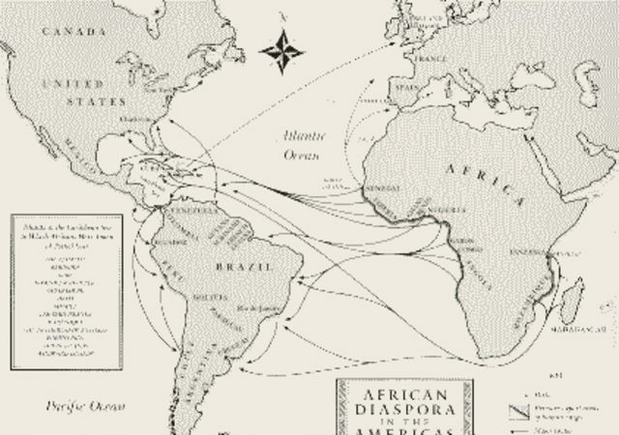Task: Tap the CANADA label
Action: click(x=73, y=33)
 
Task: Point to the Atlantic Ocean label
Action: click(x=299, y=145)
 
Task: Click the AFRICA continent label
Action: click(x=484, y=175)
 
